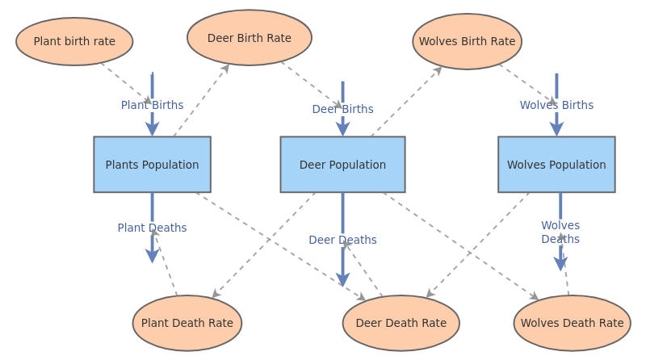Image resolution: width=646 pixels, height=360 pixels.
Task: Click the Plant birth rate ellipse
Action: point(74,41)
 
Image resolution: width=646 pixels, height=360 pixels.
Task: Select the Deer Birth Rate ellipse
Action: point(250,38)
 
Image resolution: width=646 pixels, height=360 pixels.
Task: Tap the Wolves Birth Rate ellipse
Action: point(467,41)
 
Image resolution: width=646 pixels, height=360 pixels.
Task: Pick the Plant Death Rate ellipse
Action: point(187,323)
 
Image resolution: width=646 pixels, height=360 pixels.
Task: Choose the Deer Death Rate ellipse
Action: point(401,323)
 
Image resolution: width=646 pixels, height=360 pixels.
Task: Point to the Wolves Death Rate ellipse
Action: point(572,323)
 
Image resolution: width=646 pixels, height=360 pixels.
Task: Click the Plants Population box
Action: point(152,165)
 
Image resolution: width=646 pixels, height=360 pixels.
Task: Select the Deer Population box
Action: point(342,165)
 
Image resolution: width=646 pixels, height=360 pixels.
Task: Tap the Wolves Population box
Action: point(556,165)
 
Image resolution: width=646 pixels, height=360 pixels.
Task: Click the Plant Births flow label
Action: point(152,105)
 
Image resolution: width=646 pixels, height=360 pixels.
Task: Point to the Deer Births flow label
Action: point(342,109)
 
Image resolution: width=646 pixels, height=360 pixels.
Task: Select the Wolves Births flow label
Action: point(556,105)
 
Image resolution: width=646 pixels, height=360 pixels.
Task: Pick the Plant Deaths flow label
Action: point(152,228)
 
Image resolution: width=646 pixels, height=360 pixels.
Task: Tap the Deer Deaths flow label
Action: point(342,240)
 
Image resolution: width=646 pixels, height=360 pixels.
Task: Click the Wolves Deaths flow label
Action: point(560,232)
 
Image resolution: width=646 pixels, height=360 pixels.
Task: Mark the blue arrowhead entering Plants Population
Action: point(152,129)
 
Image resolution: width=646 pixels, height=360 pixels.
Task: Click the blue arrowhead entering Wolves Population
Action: point(556,129)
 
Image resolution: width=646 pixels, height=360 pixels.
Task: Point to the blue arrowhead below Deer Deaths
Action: point(342,278)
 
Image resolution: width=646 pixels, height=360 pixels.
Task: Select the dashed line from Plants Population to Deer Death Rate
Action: point(275,243)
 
